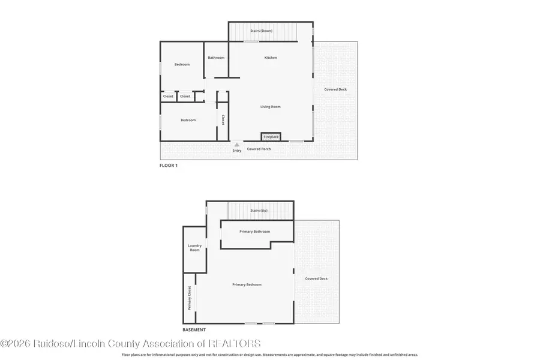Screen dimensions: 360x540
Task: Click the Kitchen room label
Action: pyautogui.click(x=271, y=58)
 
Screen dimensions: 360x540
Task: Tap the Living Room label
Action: pyautogui.click(x=270, y=107)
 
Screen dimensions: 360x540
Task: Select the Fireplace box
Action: pyautogui.click(x=271, y=137)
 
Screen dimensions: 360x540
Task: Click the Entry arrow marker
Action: pyautogui.click(x=237, y=145)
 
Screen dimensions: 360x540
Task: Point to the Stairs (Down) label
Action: pyautogui.click(x=263, y=30)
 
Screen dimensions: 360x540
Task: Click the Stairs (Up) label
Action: pyautogui.click(x=259, y=211)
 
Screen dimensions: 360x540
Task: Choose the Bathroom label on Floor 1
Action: pyautogui.click(x=216, y=58)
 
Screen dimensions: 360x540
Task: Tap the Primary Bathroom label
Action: pyautogui.click(x=254, y=232)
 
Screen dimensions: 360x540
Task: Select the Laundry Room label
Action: pyautogui.click(x=194, y=247)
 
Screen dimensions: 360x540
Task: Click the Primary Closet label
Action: pyautogui.click(x=189, y=298)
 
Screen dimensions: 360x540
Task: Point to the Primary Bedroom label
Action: pyautogui.click(x=247, y=284)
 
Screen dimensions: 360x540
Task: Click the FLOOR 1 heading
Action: pyautogui.click(x=169, y=165)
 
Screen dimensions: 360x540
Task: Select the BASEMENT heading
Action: pyautogui.click(x=194, y=330)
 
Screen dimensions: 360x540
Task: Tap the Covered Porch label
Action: pyautogui.click(x=259, y=149)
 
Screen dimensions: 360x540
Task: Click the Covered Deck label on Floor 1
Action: pyautogui.click(x=335, y=89)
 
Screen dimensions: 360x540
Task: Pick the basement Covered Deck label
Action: pyautogui.click(x=316, y=278)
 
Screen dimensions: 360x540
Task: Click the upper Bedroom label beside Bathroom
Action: pyautogui.click(x=182, y=64)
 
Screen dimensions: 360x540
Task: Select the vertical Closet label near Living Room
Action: pyautogui.click(x=223, y=119)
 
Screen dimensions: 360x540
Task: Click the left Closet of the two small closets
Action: pyautogui.click(x=168, y=96)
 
